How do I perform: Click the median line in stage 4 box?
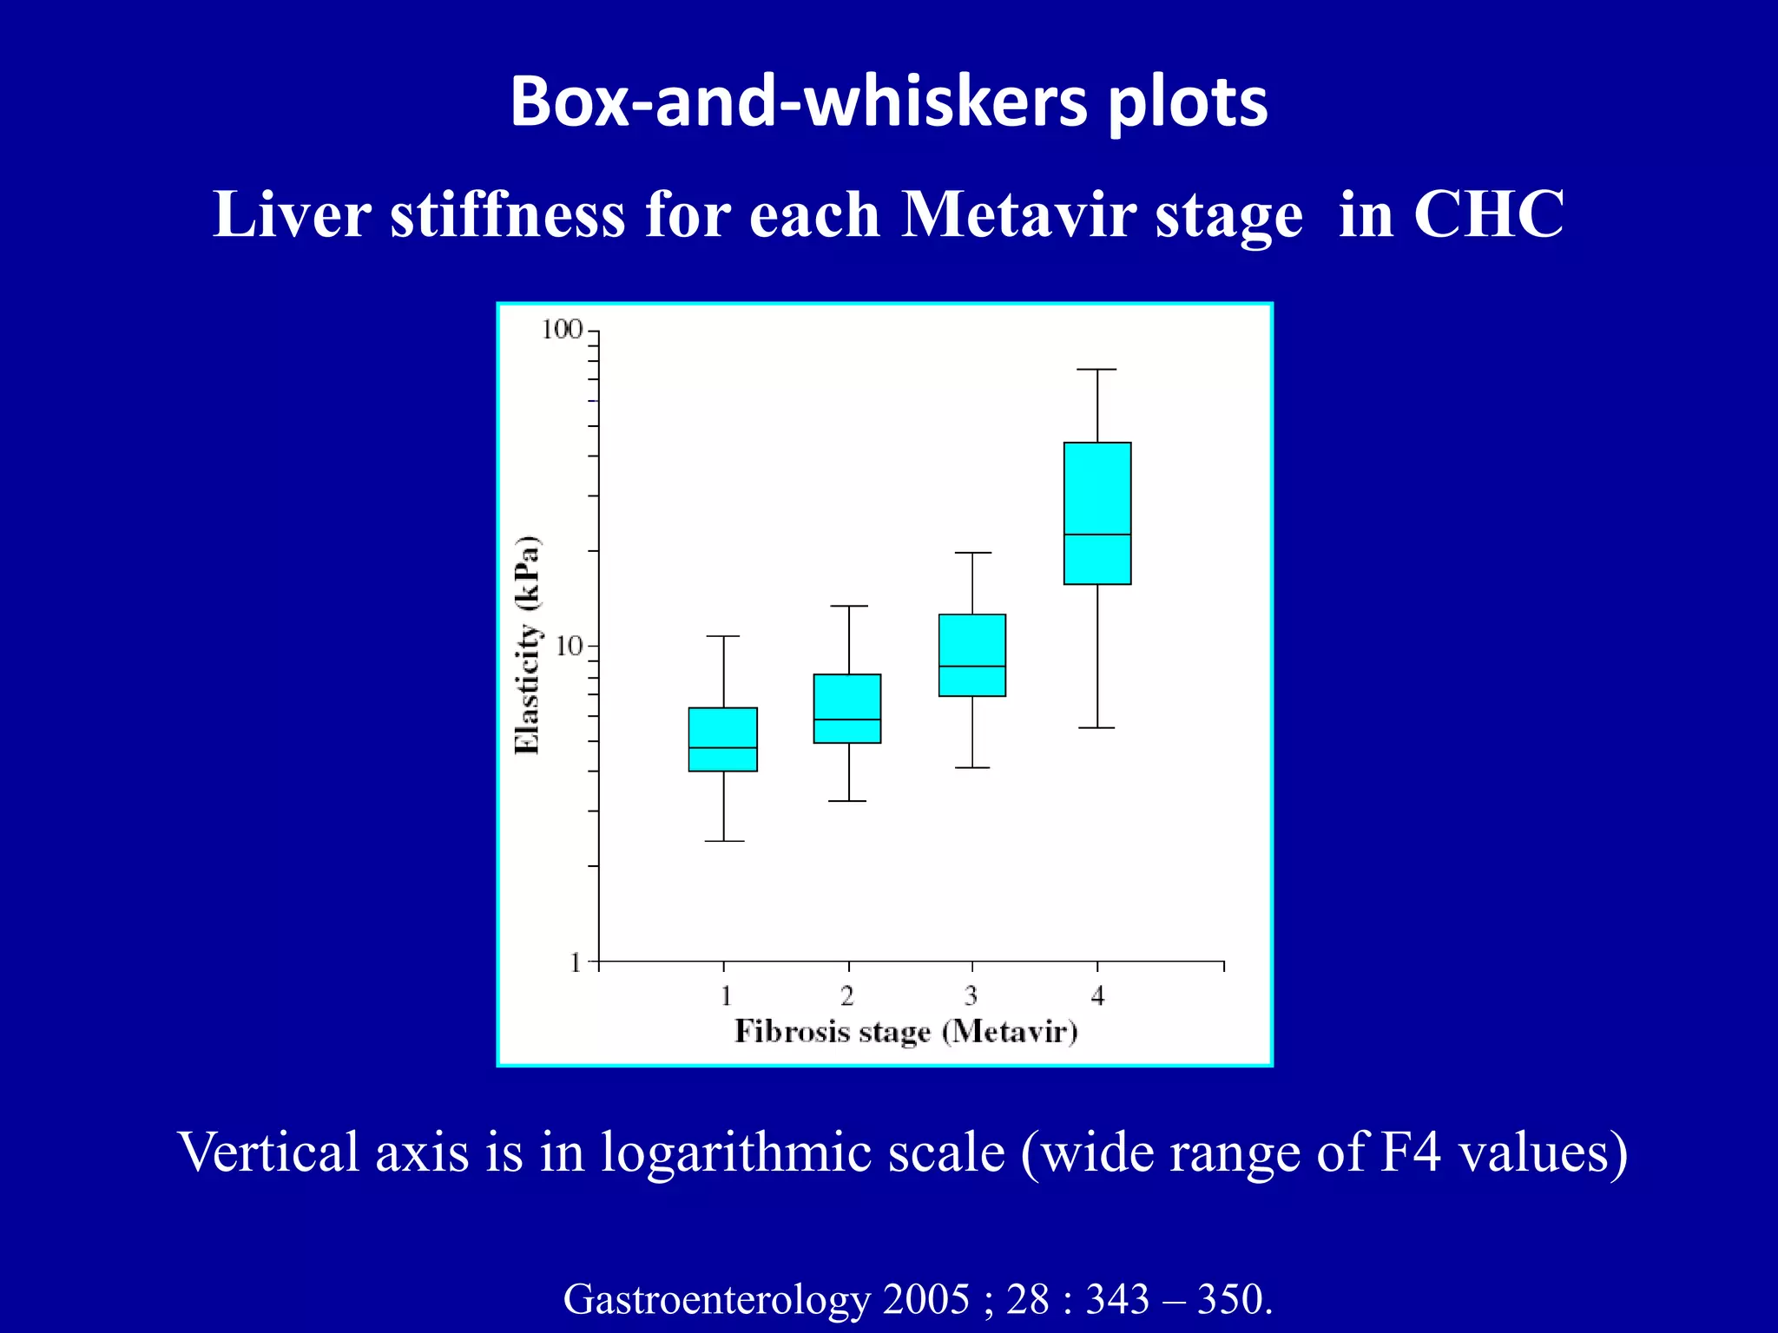point(1097,534)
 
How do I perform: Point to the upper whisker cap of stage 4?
point(1096,370)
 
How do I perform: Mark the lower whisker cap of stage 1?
point(724,841)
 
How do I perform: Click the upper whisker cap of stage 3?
point(971,553)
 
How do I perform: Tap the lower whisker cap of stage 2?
point(847,801)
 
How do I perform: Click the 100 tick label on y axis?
point(562,330)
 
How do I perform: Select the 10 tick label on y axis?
point(569,646)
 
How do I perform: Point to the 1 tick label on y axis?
point(575,962)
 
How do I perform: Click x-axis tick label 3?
point(971,995)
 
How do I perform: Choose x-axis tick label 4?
point(1097,995)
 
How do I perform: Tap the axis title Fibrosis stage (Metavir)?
point(905,1032)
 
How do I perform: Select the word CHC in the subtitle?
point(1488,213)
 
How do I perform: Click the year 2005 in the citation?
point(925,1299)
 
